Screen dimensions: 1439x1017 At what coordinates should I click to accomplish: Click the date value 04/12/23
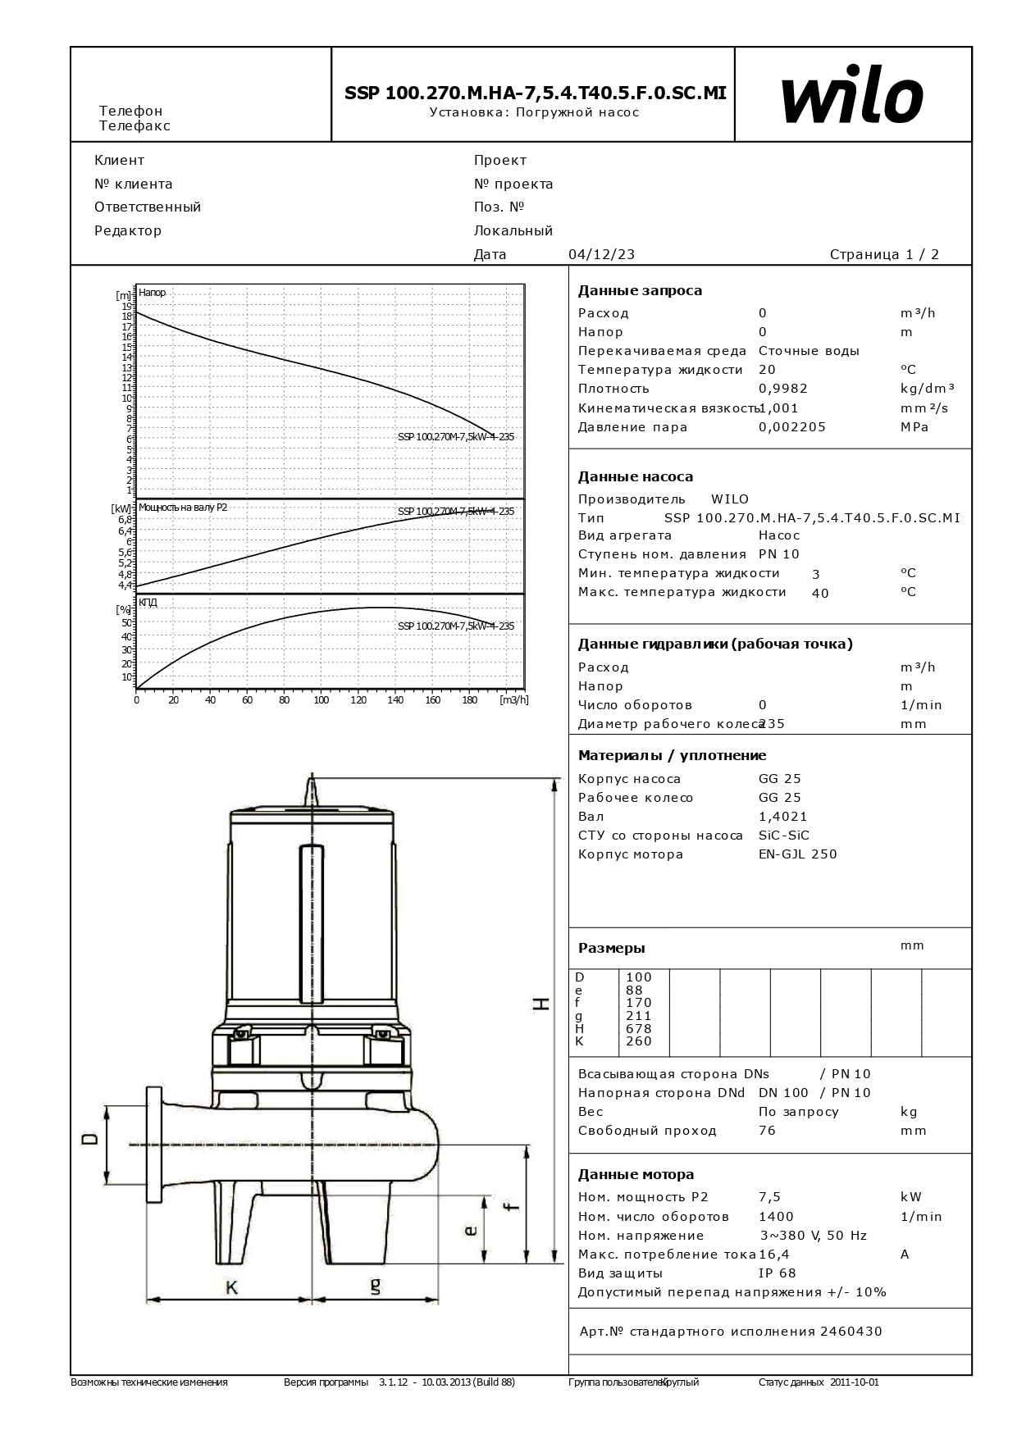[x=601, y=254]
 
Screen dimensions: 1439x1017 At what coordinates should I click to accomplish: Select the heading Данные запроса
[x=640, y=290]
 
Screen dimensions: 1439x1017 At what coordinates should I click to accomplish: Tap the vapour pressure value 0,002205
[x=791, y=427]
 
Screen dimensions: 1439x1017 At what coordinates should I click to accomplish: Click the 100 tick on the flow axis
[x=322, y=700]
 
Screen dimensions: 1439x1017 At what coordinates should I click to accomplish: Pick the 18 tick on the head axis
[x=127, y=316]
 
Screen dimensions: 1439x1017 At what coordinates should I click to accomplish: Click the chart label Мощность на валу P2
[x=183, y=508]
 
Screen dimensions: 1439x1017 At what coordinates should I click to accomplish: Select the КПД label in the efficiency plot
[x=148, y=603]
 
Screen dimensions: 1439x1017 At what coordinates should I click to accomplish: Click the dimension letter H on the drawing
[x=541, y=1003]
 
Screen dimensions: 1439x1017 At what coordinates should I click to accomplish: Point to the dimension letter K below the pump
[x=231, y=1288]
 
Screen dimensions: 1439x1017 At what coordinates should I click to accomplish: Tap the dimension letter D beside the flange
[x=90, y=1138]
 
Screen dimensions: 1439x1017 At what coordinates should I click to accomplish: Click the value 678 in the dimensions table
[x=638, y=1028]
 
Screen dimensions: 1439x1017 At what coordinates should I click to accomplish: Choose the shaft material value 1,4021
[x=782, y=817]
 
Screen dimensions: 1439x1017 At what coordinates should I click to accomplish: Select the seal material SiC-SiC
[x=783, y=836]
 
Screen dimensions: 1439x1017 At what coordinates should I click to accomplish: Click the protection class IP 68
[x=777, y=1273]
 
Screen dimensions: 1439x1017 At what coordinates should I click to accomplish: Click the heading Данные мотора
[x=636, y=1174]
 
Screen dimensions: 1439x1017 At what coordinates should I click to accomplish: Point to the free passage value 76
[x=767, y=1131]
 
